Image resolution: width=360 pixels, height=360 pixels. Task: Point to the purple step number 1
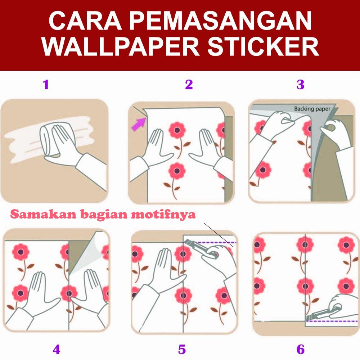(46, 85)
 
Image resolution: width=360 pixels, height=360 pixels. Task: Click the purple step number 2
(189, 85)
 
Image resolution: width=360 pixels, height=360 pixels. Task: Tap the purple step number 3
(300, 85)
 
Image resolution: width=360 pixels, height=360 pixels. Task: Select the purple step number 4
(56, 349)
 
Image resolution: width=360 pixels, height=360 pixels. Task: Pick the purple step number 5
(182, 349)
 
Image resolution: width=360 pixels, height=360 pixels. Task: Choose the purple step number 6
(300, 349)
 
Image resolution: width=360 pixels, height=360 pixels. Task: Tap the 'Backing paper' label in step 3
(312, 108)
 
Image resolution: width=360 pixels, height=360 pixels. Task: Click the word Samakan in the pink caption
(38, 215)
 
